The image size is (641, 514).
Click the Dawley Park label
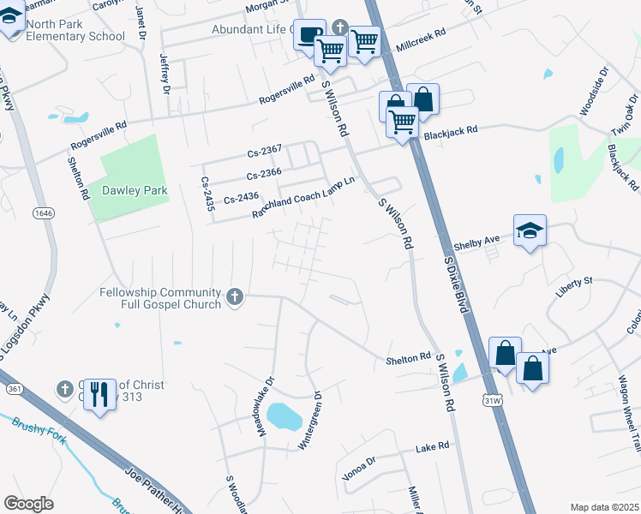135,190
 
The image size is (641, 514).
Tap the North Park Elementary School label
75,30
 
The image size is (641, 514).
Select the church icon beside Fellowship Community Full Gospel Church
234,298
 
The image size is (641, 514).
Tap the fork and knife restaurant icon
100,395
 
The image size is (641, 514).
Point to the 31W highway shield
492,399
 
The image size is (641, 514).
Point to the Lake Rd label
432,447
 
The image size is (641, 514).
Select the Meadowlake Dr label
266,404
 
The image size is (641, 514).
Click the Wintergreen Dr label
309,421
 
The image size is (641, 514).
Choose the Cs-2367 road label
265,152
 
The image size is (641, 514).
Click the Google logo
28,504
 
